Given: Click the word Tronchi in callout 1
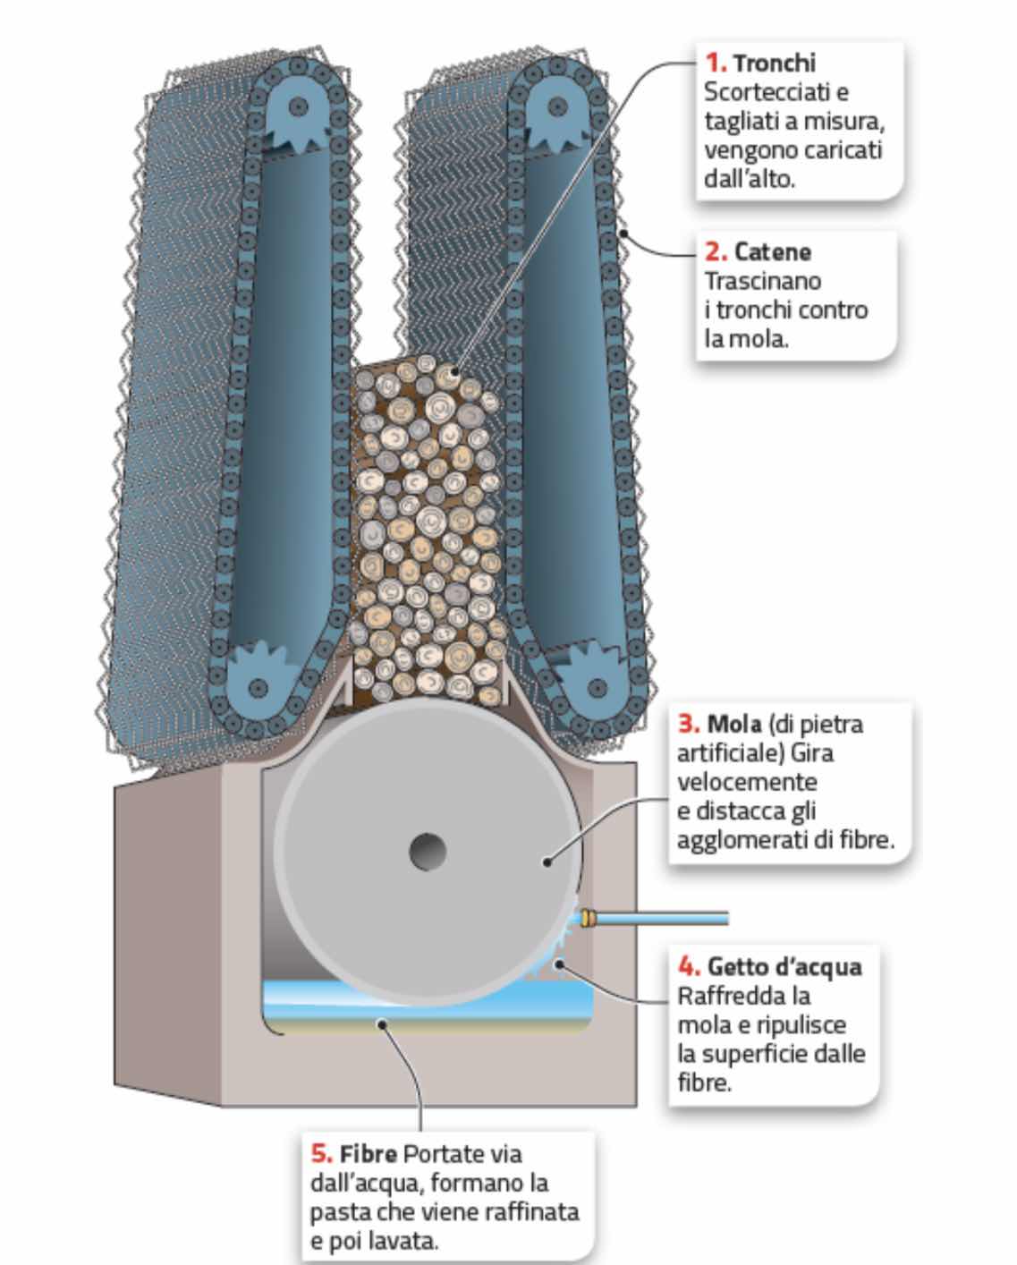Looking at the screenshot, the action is pyautogui.click(x=775, y=64).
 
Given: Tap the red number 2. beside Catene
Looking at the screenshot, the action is pyautogui.click(x=716, y=252).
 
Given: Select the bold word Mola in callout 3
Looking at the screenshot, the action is pyautogui.click(x=734, y=725).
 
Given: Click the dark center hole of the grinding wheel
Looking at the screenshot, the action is pyautogui.click(x=428, y=851).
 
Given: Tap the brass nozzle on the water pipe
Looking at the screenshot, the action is pyautogui.click(x=588, y=918).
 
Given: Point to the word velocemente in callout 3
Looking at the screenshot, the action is pyautogui.click(x=747, y=783).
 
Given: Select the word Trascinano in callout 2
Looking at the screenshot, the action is pyautogui.click(x=763, y=282).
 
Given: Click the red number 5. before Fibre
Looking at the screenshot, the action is pyautogui.click(x=322, y=1154).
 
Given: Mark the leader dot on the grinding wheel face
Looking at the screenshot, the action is pyautogui.click(x=547, y=862).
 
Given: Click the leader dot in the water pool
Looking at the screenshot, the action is pyautogui.click(x=382, y=1024).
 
